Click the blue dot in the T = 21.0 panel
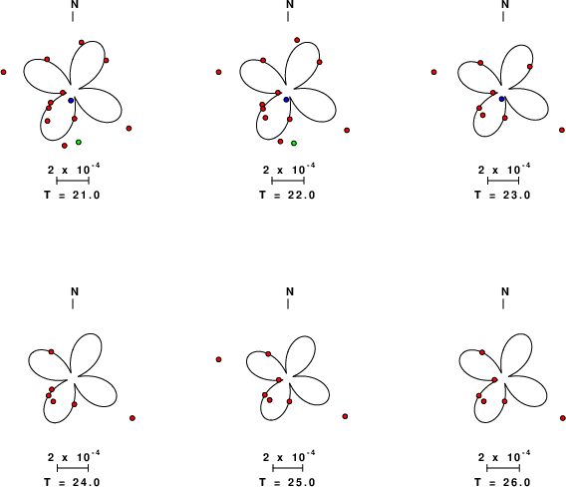[x=71, y=100]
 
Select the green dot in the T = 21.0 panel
[x=79, y=142]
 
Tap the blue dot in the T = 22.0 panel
[x=286, y=100]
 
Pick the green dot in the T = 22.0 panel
[x=294, y=143]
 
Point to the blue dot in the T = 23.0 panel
[x=501, y=99]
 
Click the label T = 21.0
[x=72, y=195]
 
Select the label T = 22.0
[x=287, y=195]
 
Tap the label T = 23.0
[x=502, y=195]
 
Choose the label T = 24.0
[x=72, y=482]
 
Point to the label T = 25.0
[x=287, y=482]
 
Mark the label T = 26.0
[x=502, y=482]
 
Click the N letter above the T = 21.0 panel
[x=75, y=4]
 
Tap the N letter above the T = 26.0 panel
[x=505, y=291]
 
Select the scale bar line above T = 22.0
[x=288, y=181]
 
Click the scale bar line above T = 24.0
[x=73, y=468]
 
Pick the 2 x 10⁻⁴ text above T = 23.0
[x=504, y=169]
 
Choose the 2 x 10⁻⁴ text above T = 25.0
[x=289, y=457]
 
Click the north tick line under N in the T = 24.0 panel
[x=73, y=304]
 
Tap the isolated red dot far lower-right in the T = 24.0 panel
[x=133, y=418]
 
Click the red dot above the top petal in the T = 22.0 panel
[x=297, y=40]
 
